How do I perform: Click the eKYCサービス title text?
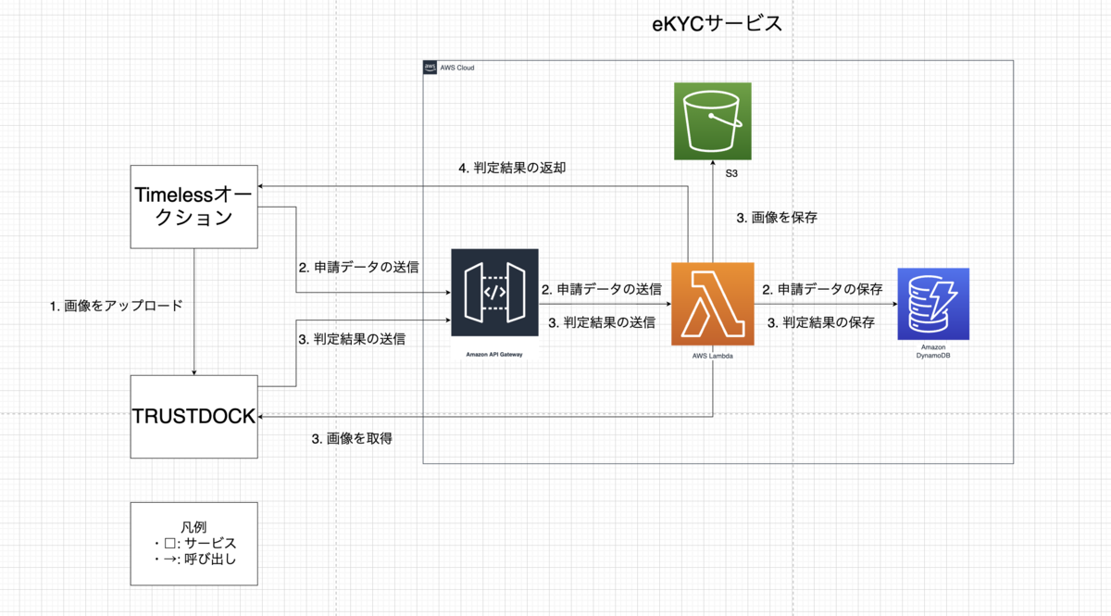[718, 23]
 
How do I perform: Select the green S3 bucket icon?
[711, 121]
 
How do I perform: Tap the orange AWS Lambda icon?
[712, 302]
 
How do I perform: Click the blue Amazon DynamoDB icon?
[933, 302]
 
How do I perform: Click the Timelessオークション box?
[193, 206]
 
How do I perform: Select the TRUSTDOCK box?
[193, 416]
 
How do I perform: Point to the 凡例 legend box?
[193, 544]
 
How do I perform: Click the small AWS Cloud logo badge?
[431, 68]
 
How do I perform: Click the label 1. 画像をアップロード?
[116, 305]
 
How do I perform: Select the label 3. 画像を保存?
[776, 218]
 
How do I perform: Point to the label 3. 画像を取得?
[352, 438]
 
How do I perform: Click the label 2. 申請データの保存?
[822, 290]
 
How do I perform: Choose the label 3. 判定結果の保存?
[822, 322]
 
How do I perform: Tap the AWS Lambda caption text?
[712, 356]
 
